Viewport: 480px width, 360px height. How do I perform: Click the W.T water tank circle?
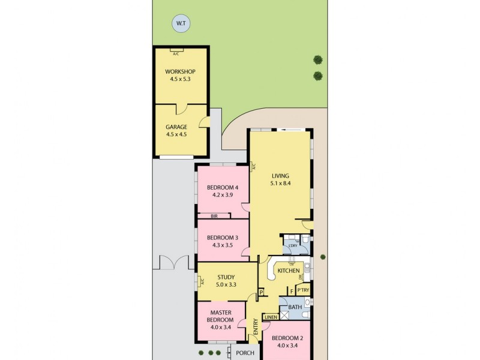[179, 24]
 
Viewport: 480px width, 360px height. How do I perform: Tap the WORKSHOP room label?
[181, 72]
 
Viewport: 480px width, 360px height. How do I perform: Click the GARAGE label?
[176, 127]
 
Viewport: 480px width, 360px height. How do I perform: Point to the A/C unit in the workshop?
[176, 52]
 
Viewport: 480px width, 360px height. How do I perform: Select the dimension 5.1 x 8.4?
[280, 183]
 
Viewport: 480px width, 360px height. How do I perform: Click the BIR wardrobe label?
[214, 216]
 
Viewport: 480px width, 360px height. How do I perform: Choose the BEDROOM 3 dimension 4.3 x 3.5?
[223, 245]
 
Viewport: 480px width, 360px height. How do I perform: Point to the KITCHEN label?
[288, 271]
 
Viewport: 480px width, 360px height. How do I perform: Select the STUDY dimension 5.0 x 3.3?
[226, 285]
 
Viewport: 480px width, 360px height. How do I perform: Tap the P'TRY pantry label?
[304, 291]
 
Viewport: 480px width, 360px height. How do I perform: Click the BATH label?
[295, 307]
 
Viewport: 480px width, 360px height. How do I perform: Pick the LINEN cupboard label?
[271, 317]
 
